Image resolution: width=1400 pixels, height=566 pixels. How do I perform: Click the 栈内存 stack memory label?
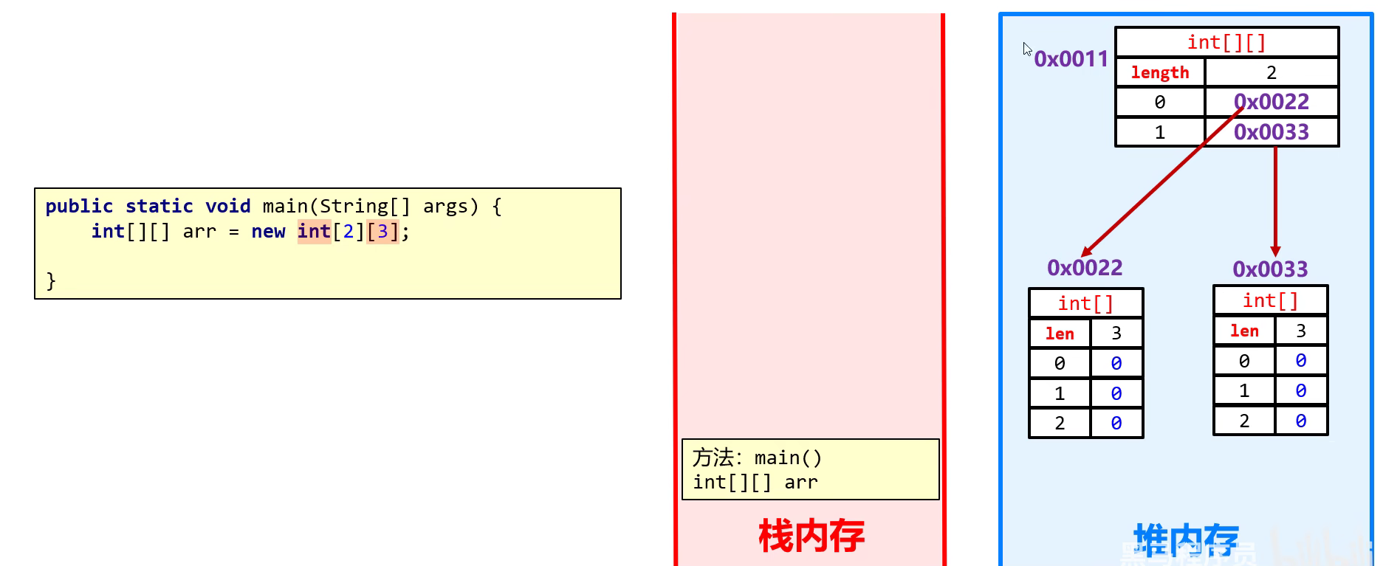[811, 536]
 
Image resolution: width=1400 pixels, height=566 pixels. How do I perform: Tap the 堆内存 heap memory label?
[1186, 540]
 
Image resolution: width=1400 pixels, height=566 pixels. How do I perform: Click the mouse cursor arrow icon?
[1026, 49]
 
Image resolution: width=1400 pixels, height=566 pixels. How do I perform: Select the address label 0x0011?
[1071, 59]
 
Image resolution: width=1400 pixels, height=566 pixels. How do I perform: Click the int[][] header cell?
[1226, 43]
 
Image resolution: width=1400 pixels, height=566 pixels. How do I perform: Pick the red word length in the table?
[1160, 72]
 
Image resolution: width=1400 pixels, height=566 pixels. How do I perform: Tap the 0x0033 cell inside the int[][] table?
[1271, 132]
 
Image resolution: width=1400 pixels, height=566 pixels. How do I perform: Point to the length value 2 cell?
[1271, 72]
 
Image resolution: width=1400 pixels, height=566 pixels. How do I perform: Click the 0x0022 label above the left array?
[1085, 268]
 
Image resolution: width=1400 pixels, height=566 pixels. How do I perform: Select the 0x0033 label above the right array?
[1270, 269]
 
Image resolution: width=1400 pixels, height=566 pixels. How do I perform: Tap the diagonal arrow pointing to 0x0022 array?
[1159, 184]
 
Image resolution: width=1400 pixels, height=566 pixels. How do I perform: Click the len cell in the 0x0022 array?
[1060, 334]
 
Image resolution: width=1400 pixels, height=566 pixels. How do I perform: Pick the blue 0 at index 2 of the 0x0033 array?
[1300, 421]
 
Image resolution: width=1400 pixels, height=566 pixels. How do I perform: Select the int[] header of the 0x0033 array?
[1270, 300]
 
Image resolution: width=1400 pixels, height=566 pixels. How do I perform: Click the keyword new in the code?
[268, 232]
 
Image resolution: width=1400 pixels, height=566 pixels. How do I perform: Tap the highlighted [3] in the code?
[382, 232]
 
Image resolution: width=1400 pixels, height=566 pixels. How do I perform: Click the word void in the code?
[227, 207]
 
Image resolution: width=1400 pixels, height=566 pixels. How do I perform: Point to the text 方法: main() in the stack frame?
[757, 458]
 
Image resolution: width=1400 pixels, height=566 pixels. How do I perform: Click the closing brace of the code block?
[51, 280]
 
